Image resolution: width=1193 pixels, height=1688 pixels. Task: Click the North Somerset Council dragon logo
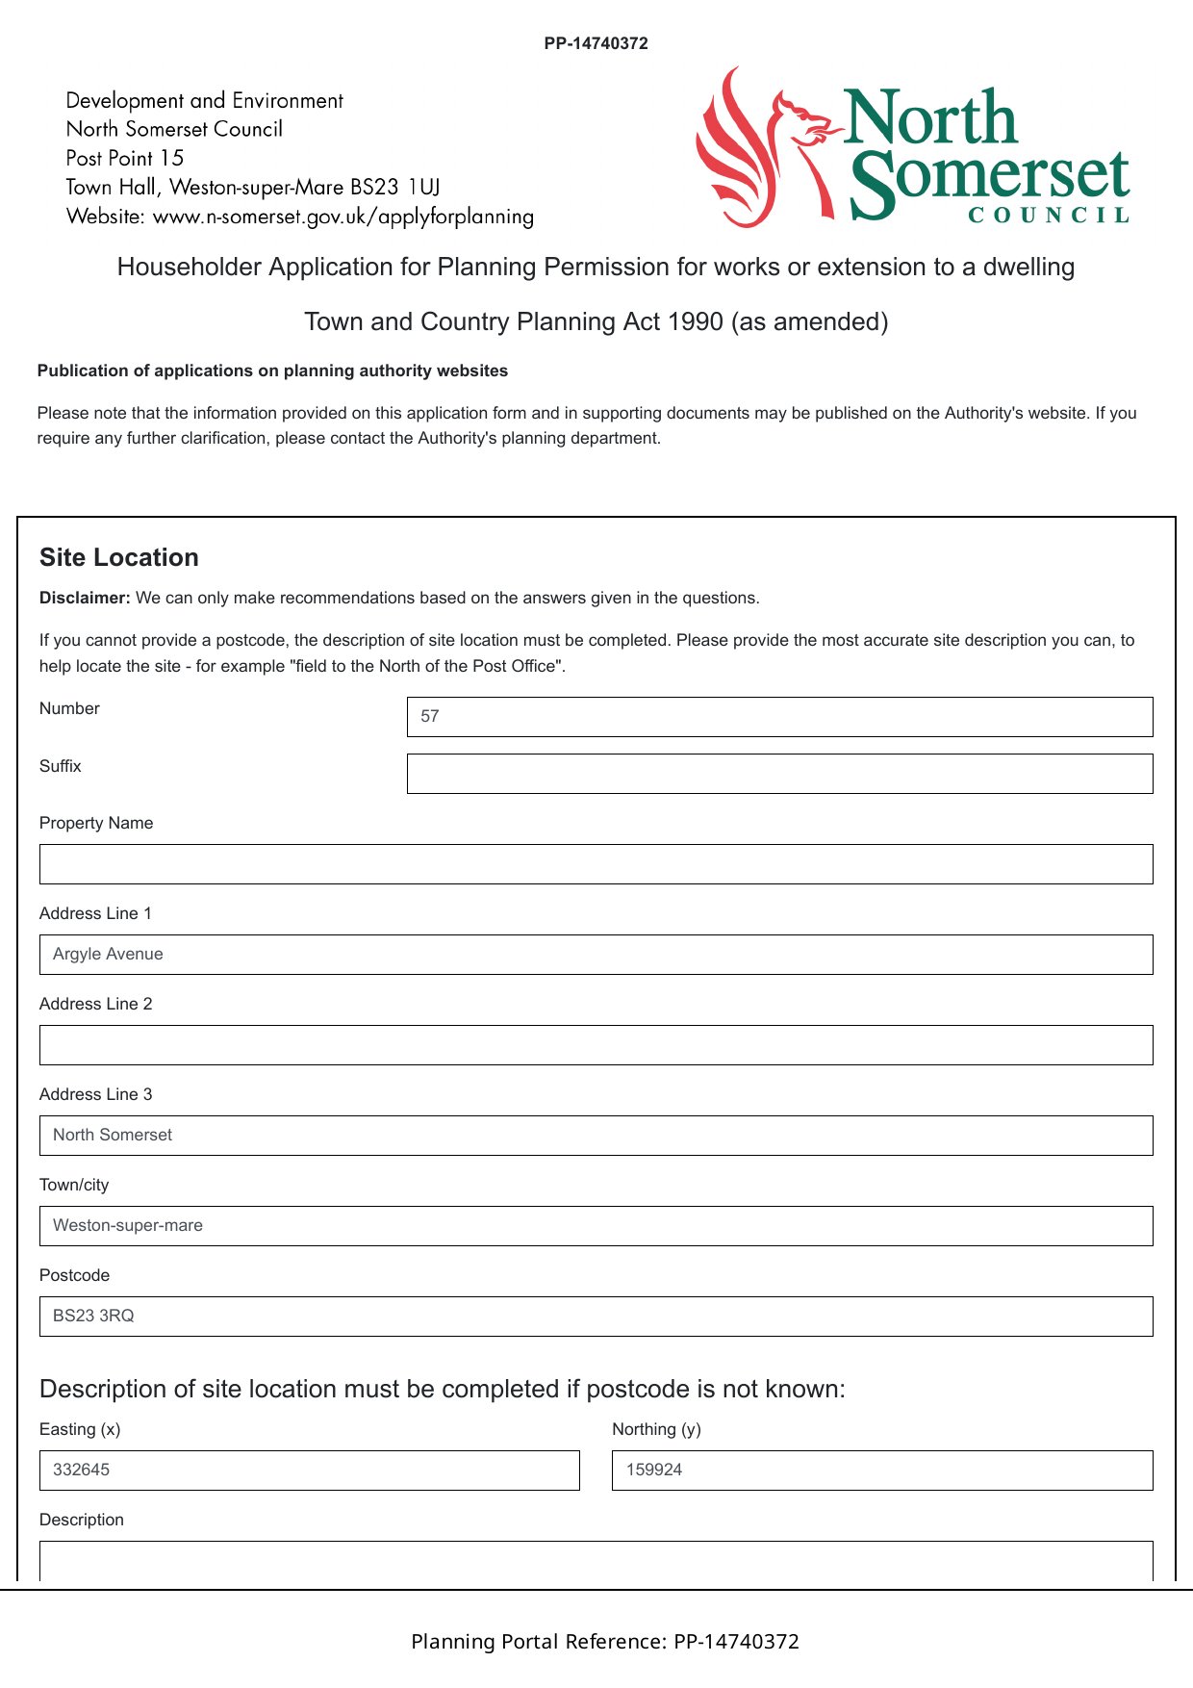760,146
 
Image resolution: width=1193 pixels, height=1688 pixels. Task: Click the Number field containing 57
779,717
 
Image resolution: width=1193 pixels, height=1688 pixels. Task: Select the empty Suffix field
779,774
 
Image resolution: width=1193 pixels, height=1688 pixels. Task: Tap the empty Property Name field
596,864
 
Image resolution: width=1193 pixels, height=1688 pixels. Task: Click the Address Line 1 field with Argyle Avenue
596,955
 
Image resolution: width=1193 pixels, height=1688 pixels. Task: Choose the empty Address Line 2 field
596,1045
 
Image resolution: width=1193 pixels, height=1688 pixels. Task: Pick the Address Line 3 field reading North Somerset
596,1136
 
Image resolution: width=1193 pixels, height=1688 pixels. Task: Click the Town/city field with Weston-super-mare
596,1226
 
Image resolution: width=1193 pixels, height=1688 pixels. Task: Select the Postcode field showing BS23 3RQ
596,1317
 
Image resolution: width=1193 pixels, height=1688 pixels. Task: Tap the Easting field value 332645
309,1471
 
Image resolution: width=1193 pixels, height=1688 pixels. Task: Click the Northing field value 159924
881,1471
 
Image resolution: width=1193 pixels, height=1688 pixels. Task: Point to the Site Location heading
119,557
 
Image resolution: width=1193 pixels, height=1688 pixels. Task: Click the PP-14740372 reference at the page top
596,43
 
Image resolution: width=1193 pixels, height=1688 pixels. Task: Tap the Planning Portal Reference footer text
605,1642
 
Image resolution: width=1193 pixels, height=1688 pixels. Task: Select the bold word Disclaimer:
85,598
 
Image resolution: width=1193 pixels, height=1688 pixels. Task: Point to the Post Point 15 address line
125,158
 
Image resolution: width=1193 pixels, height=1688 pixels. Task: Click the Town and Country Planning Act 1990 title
596,321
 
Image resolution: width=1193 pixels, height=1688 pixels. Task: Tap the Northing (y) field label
656,1429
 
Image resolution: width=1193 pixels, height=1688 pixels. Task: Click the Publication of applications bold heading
272,371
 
